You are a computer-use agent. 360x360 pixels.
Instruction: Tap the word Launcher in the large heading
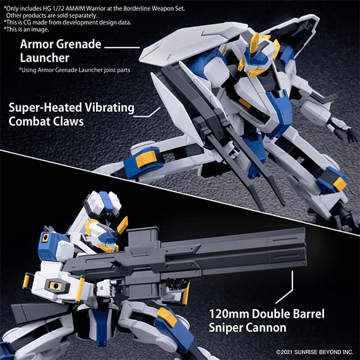pyautogui.click(x=45, y=58)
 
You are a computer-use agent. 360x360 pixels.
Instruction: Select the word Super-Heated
pyautogui.click(x=45, y=107)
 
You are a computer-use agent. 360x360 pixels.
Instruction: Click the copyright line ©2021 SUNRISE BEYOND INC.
pyautogui.click(x=315, y=352)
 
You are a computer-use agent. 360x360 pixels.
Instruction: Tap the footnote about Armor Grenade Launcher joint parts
pyautogui.click(x=75, y=70)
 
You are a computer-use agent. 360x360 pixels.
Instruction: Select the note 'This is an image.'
pyautogui.click(x=26, y=30)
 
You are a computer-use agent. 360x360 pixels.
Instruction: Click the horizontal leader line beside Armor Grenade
pyautogui.click(x=122, y=47)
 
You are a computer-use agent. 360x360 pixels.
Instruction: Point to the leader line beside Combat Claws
pyautogui.click(x=147, y=112)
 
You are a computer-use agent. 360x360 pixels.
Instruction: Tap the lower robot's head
pyautogui.click(x=104, y=236)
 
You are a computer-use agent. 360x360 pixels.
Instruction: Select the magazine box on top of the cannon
pyautogui.click(x=143, y=237)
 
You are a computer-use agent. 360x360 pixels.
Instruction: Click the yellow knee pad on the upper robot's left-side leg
pyautogui.click(x=146, y=159)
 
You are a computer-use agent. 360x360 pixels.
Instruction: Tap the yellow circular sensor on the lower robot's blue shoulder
pyautogui.click(x=45, y=238)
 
